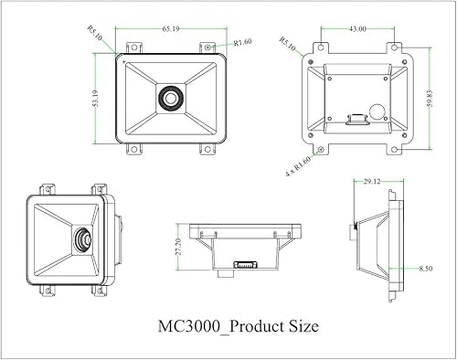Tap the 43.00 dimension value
pyautogui.click(x=357, y=29)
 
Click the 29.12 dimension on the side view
pyautogui.click(x=371, y=183)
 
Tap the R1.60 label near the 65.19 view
pyautogui.click(x=243, y=43)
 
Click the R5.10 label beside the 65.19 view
pyautogui.click(x=96, y=37)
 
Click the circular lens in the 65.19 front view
pyautogui.click(x=168, y=97)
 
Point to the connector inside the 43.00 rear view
pyautogui.click(x=356, y=117)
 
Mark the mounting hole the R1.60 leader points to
pyautogui.click(x=208, y=45)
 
